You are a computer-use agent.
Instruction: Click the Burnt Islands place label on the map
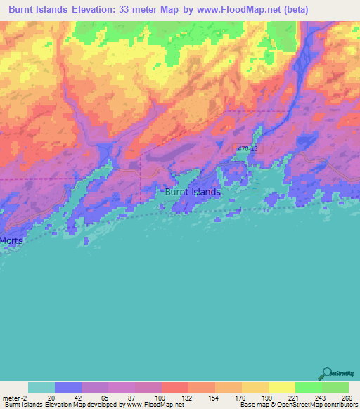coord(193,192)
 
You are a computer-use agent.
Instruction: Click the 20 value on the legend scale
coord(51,398)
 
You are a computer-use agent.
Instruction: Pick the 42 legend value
coord(77,398)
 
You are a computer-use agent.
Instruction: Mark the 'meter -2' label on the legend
coord(15,398)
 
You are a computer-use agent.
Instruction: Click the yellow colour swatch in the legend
coord(282,388)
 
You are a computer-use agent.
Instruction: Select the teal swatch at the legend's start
coord(41,388)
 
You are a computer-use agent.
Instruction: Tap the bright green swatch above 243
coord(309,388)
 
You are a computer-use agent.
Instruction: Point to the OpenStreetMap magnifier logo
coord(326,373)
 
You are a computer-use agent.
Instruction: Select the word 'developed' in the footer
coord(105,405)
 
